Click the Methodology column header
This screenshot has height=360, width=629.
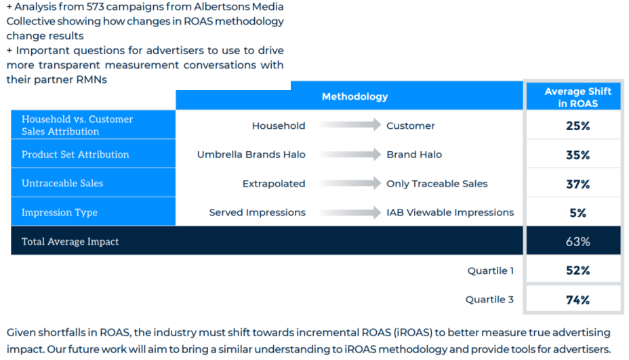354,97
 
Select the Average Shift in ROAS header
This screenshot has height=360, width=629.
577,97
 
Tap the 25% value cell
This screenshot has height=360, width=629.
577,126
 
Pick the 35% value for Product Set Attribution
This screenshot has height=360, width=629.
577,155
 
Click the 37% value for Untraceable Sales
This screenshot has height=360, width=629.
577,184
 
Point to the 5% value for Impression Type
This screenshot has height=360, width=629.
577,213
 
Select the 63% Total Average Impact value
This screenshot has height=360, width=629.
577,241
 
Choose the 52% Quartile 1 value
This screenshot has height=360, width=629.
577,271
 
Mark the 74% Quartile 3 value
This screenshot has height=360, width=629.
577,300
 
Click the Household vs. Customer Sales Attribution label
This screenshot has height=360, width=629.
77,125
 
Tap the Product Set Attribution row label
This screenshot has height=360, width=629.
75,155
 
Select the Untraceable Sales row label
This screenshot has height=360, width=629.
62,184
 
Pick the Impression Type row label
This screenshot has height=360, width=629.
60,212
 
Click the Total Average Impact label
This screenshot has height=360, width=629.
70,241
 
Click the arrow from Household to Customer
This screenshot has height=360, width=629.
350,125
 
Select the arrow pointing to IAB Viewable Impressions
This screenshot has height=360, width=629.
350,212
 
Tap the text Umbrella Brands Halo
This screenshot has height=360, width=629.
251,155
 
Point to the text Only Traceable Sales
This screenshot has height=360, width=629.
437,184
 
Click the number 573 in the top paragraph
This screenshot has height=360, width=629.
95,7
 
